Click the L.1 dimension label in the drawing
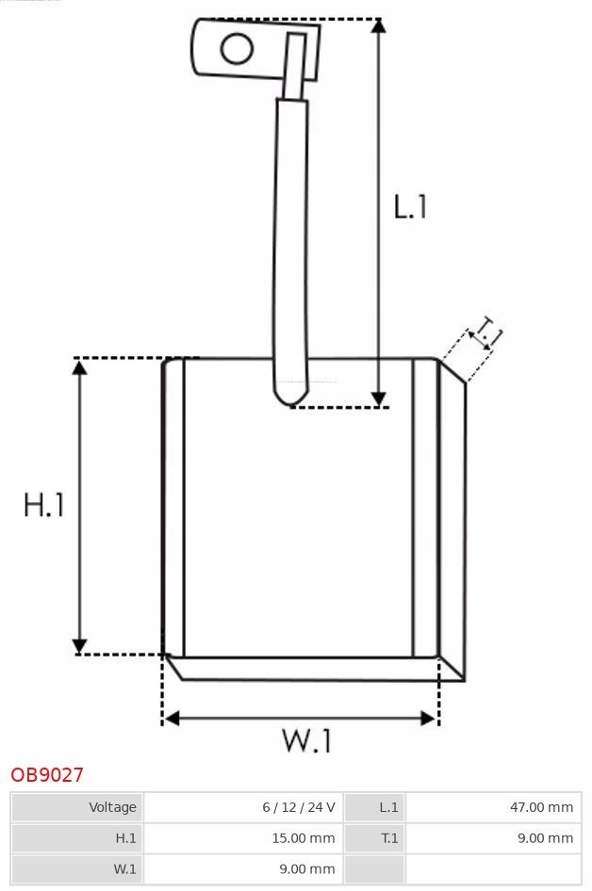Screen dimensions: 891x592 410,206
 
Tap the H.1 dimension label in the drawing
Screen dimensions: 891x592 44,506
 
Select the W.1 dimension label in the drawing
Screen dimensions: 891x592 307,741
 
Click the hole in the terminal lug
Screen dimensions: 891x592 237,49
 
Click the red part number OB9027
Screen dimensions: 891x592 47,775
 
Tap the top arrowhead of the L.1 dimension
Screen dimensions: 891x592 378,26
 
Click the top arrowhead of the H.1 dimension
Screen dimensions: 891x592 80,367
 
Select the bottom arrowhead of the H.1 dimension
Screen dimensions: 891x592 80,644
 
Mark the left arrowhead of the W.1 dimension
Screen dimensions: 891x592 171,719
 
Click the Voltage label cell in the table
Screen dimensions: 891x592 112,807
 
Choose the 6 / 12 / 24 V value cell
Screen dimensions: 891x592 299,807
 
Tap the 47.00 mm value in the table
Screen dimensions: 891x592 541,807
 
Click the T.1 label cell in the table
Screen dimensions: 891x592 388,837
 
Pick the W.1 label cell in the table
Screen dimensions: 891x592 124,868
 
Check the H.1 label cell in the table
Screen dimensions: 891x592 125,837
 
